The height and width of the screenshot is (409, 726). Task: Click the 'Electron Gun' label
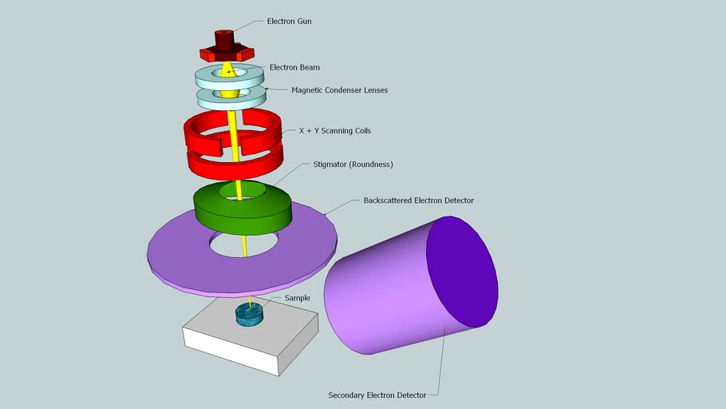(x=289, y=22)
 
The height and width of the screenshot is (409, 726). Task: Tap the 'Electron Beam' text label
(x=294, y=68)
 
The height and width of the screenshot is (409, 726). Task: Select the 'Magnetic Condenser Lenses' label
(x=339, y=90)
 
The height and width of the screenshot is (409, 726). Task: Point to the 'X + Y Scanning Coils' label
(x=334, y=130)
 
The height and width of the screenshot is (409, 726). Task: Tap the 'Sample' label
(x=297, y=298)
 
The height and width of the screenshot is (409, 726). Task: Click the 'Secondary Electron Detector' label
(x=377, y=395)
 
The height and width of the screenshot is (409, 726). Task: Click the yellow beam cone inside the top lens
(x=228, y=71)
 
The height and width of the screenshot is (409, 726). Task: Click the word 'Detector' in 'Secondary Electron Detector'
(x=408, y=395)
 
